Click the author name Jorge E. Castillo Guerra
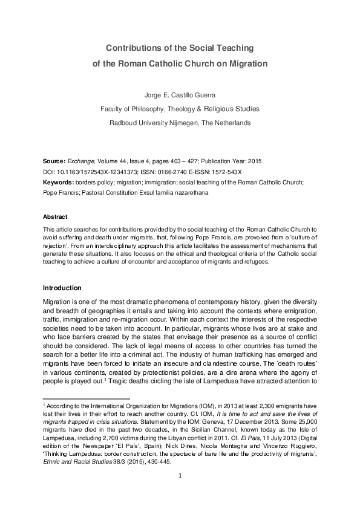point(180,95)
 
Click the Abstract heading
point(56,216)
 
